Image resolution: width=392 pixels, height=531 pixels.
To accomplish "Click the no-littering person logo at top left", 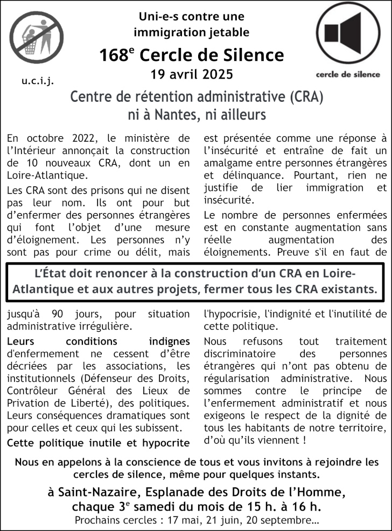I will tap(36, 37).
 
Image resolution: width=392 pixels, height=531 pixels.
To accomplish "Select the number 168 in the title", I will tap(113, 55).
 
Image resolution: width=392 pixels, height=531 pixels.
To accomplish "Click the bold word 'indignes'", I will tap(169, 341).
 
